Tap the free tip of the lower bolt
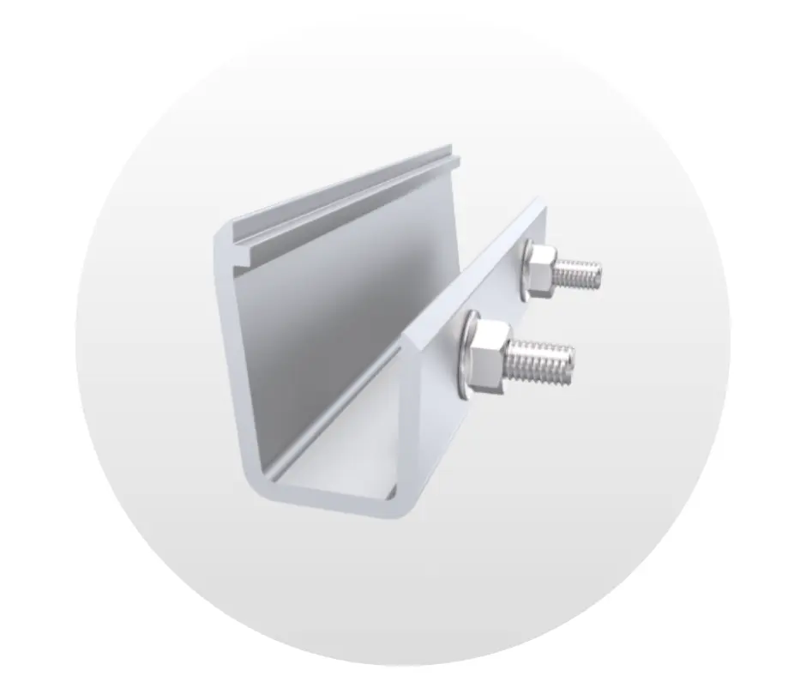[568, 361]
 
